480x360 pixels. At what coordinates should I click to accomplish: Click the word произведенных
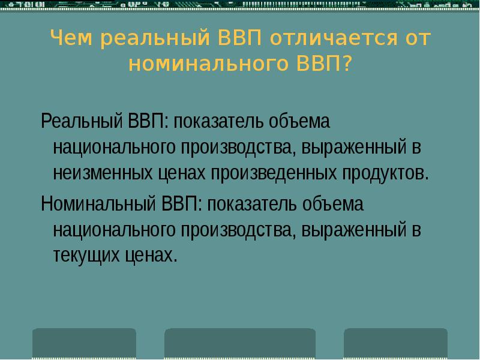(275, 173)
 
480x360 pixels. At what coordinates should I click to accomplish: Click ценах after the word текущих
(152, 256)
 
